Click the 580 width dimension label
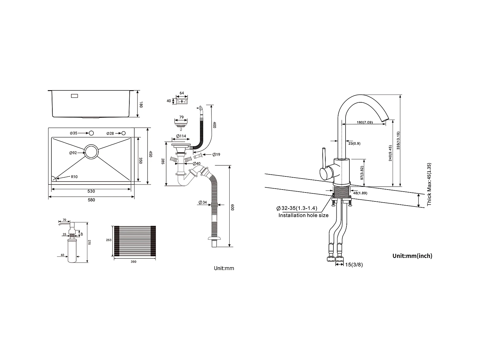click(91, 200)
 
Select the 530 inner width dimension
click(91, 191)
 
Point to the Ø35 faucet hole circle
click(91, 133)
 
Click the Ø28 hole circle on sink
click(123, 133)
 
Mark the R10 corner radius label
click(74, 177)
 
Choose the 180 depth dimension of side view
click(141, 104)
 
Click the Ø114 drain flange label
click(181, 136)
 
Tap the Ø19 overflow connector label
click(216, 154)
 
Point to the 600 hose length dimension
click(233, 207)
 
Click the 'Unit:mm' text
click(224, 268)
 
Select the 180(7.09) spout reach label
click(365, 122)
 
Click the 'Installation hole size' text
click(303, 215)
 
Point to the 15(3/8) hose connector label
click(354, 264)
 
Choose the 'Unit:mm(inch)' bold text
click(412, 256)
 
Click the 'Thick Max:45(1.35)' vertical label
click(429, 184)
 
